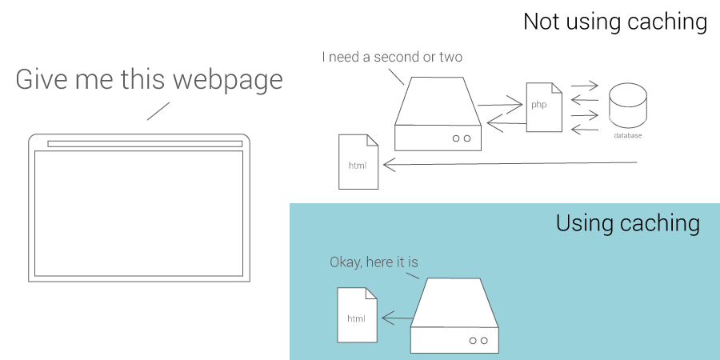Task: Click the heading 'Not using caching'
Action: pyautogui.click(x=614, y=22)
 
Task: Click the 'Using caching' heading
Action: pyautogui.click(x=627, y=223)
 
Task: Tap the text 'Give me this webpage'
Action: pyautogui.click(x=149, y=80)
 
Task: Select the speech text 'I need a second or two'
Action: pyautogui.click(x=392, y=57)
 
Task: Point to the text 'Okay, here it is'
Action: pyautogui.click(x=374, y=262)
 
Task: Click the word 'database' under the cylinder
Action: pyautogui.click(x=628, y=136)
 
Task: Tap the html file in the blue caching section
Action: pyautogui.click(x=357, y=314)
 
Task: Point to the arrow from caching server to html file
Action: pyautogui.click(x=397, y=318)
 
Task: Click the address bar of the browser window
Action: pyautogui.click(x=145, y=144)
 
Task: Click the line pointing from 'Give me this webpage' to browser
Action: pyautogui.click(x=158, y=110)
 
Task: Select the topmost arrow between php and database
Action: pyautogui.click(x=584, y=86)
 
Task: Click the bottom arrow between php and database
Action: pyautogui.click(x=585, y=129)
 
